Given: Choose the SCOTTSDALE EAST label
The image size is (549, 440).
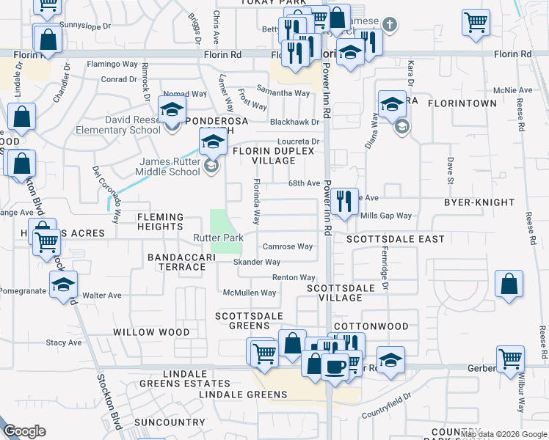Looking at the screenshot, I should tap(396, 240).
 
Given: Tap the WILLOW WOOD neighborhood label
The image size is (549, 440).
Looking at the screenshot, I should tap(151, 332).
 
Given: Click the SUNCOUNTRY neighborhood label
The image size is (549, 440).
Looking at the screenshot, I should tap(170, 423).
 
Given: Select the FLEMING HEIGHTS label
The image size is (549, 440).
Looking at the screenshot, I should tap(160, 222).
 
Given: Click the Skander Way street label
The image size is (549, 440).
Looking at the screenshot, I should tap(257, 262).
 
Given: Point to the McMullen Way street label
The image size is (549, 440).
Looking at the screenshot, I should tap(250, 293).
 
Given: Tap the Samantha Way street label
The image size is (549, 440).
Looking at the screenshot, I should tap(283, 93).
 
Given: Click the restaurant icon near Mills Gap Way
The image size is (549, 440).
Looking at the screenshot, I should tap(343, 200).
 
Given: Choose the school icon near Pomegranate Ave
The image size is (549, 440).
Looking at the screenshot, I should tap(63, 285).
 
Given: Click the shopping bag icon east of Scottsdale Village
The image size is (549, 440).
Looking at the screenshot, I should tap(509, 284).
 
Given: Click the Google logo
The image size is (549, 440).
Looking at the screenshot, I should tap(25, 431).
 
